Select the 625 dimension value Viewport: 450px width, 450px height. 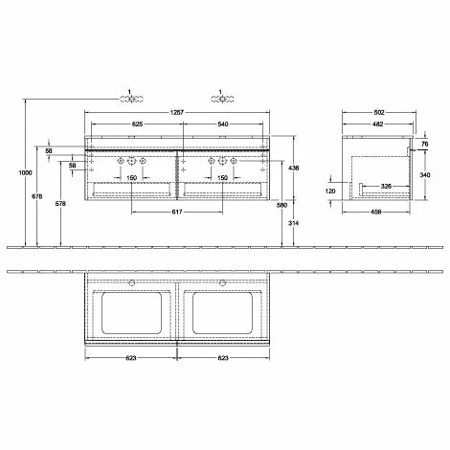(x=137, y=125)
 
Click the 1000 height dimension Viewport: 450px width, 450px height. (x=11, y=172)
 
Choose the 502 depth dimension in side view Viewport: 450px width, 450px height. (x=380, y=113)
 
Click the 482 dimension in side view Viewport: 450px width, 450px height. (x=380, y=125)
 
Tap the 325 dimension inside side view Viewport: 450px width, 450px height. (x=385, y=184)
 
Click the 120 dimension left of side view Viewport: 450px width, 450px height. (x=331, y=191)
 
